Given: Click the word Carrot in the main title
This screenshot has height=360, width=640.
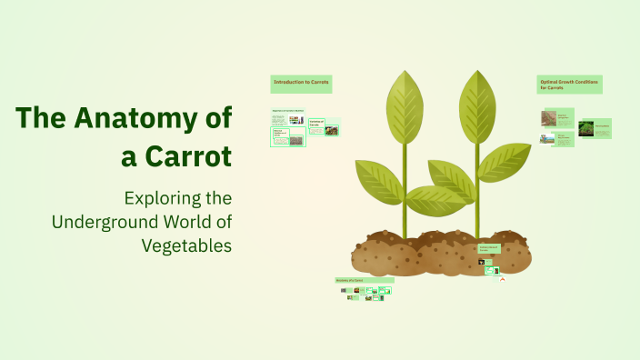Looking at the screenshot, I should click(191, 155).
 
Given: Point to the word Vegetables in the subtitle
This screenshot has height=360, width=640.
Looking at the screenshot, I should click(186, 245).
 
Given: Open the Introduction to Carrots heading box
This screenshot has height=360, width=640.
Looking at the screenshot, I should click(301, 84).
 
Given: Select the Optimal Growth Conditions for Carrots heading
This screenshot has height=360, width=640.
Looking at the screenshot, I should click(569, 84).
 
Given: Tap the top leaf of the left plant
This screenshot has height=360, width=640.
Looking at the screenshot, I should click(405, 105).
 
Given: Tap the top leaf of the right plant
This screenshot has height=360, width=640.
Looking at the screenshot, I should click(476, 105).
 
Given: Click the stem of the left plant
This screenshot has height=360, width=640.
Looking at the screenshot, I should click(405, 191).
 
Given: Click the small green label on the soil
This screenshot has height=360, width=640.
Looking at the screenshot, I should click(489, 248).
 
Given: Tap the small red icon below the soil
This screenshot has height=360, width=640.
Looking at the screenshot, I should click(501, 280).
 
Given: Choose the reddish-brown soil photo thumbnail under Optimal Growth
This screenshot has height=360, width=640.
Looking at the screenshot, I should click(549, 118).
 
